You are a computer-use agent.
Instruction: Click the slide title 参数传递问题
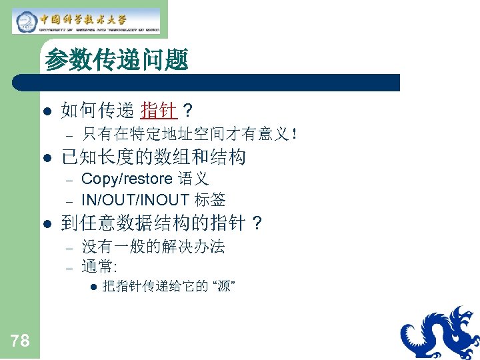pos(117,61)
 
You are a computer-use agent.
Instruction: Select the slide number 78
pos(20,341)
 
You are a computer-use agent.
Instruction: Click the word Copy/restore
pos(127,179)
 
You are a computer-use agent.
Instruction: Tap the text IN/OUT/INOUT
pos(135,199)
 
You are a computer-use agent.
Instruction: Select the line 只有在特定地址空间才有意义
pos(186,134)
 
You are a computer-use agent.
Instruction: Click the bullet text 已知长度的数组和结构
pos(153,157)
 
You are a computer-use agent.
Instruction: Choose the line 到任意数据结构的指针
pos(153,223)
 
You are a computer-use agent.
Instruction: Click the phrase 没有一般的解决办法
pos(153,247)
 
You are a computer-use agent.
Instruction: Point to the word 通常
pos(97,267)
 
